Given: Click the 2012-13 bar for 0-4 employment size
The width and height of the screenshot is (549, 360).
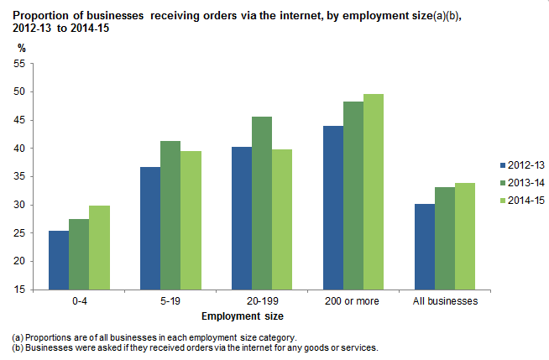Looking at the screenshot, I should point(59,260).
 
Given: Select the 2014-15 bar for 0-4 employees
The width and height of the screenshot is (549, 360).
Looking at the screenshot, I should point(99,248).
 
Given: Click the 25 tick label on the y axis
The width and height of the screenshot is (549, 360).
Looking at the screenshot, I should point(23,233).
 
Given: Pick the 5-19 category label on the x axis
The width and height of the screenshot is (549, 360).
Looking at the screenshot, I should point(170,300).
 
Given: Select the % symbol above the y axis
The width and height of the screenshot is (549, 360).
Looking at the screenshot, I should point(21,48).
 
